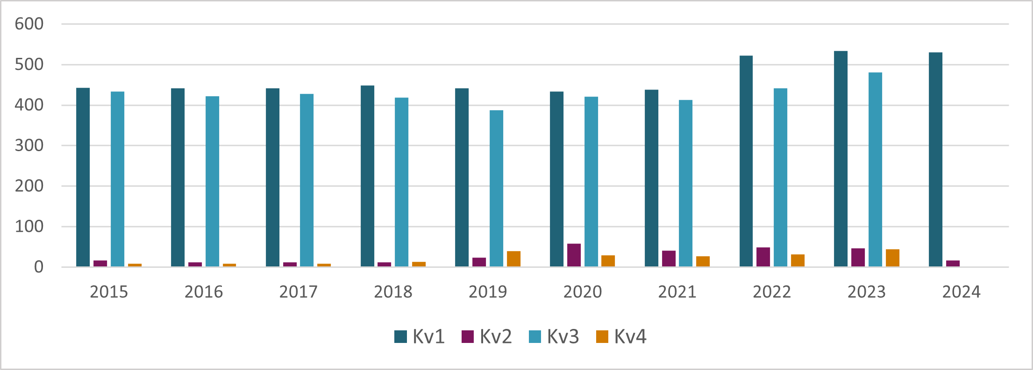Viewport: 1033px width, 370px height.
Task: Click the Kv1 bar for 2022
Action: (x=746, y=161)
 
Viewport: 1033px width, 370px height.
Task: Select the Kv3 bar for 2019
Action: (x=496, y=188)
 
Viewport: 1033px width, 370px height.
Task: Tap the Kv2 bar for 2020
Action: (x=574, y=255)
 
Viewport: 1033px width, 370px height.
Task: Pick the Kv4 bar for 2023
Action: (x=892, y=258)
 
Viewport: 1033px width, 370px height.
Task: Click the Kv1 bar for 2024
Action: (x=935, y=160)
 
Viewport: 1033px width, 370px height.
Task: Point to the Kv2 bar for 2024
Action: (x=953, y=264)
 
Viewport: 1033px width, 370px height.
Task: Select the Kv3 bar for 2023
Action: (x=875, y=169)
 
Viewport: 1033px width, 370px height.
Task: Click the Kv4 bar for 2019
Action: (x=513, y=259)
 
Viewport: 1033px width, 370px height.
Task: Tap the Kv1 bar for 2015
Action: (x=83, y=177)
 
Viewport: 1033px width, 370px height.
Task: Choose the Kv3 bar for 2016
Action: (x=212, y=182)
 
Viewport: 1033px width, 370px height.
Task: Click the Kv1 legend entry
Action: (x=420, y=336)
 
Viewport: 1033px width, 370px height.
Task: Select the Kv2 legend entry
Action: (x=487, y=336)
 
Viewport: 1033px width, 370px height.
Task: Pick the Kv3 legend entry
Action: (x=554, y=336)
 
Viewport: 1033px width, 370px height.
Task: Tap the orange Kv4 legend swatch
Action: (x=602, y=336)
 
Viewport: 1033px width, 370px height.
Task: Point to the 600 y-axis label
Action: (x=29, y=24)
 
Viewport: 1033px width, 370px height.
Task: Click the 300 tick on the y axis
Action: (x=29, y=146)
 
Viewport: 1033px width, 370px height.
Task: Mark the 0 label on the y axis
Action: (x=38, y=267)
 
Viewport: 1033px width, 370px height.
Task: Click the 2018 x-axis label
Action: (x=393, y=292)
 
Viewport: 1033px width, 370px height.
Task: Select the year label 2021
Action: (x=677, y=292)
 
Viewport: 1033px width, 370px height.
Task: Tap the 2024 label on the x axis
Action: (x=961, y=292)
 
